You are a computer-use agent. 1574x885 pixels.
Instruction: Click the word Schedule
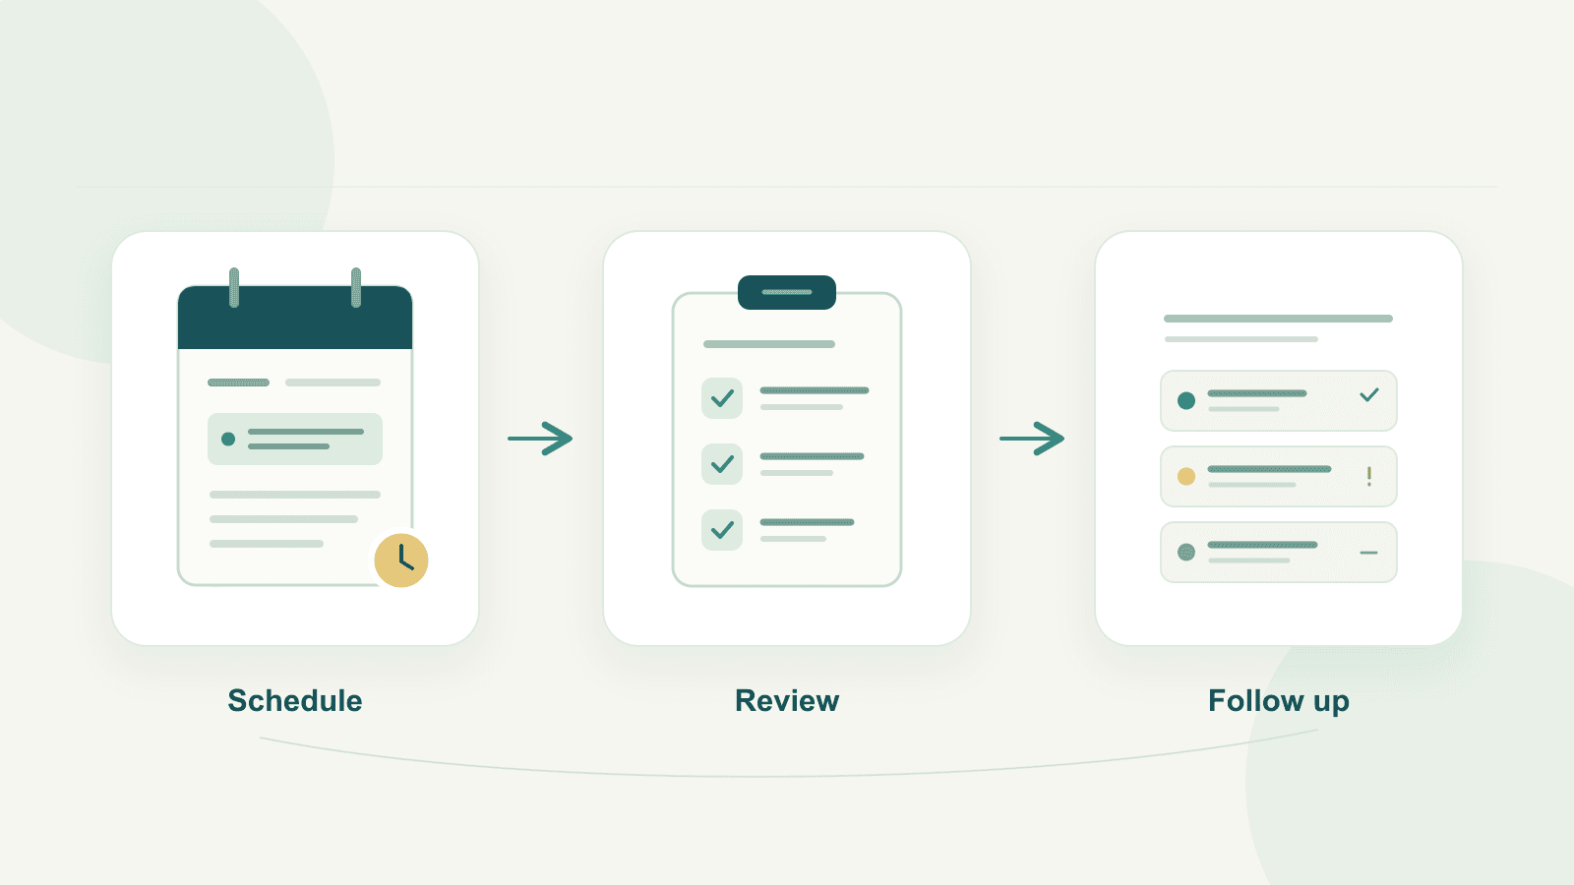pos(295,701)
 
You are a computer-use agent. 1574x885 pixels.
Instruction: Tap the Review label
pos(787,701)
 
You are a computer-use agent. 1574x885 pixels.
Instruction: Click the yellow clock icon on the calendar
pos(401,560)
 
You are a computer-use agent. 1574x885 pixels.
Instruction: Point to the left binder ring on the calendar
pos(234,287)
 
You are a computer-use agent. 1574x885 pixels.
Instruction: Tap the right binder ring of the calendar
pos(356,287)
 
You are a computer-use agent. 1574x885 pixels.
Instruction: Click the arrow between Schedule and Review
pos(540,439)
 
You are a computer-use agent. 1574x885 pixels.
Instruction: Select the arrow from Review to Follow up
pos(1032,439)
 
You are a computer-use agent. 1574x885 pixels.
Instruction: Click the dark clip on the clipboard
pos(787,292)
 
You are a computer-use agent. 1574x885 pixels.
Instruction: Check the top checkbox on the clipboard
pos(722,398)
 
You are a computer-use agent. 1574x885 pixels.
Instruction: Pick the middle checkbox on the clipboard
pos(722,463)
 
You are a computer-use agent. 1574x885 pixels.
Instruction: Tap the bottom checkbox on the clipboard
pos(722,530)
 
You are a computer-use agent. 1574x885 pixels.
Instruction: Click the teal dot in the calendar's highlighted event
pos(227,439)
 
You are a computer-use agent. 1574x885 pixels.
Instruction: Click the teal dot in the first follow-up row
pos(1186,400)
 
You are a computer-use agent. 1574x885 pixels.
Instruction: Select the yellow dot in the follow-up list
pos(1186,476)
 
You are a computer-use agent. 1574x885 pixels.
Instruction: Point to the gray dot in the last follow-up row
pos(1186,552)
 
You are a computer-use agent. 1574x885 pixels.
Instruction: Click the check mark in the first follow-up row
pos(1368,395)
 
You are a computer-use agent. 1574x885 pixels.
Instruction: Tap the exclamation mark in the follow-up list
pos(1368,476)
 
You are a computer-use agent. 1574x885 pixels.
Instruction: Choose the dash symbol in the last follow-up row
pos(1368,553)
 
